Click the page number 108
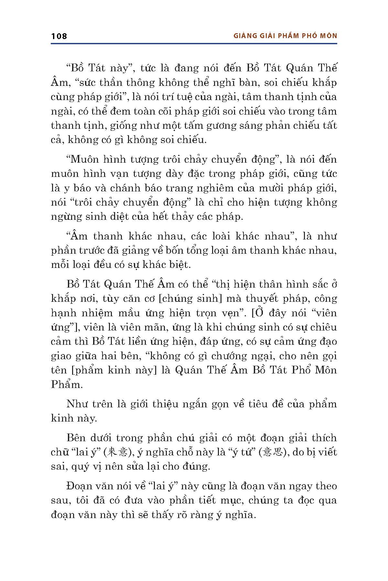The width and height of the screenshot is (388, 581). [x=59, y=36]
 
